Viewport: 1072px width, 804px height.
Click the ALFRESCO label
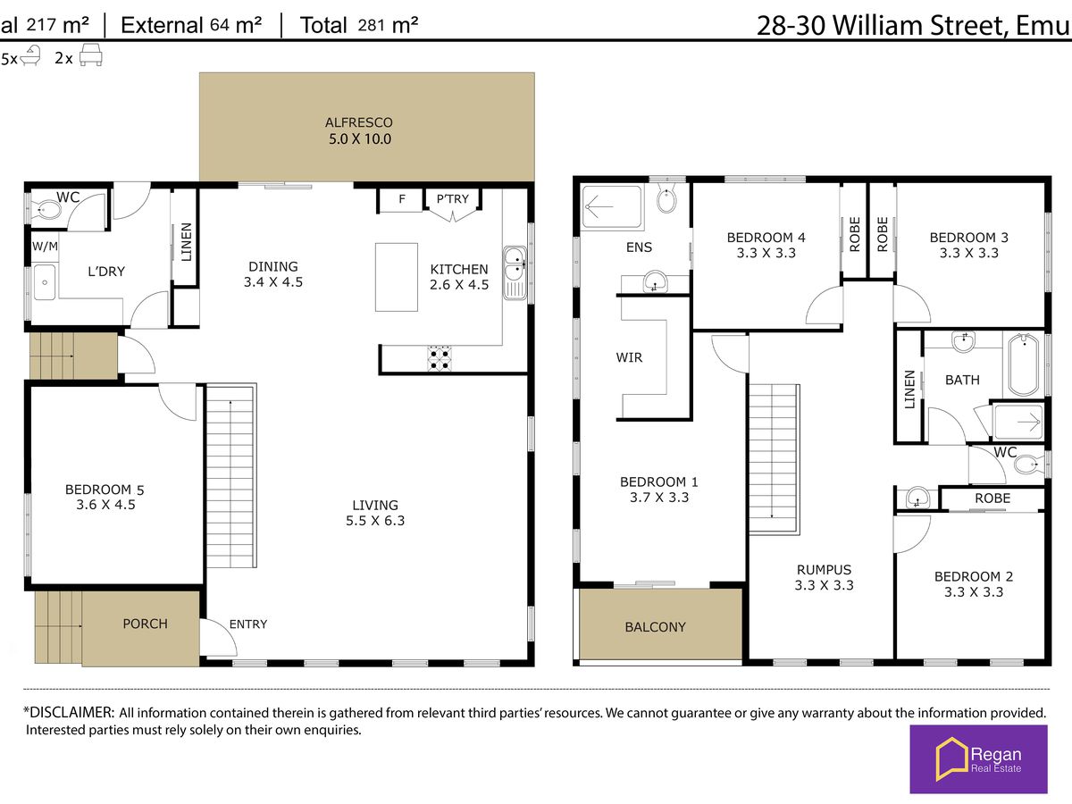(x=359, y=122)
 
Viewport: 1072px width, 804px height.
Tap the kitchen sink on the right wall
(x=515, y=272)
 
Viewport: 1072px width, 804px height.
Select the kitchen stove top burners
(x=439, y=359)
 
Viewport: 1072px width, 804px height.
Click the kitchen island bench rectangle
(x=396, y=277)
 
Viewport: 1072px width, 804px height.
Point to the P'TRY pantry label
(x=452, y=199)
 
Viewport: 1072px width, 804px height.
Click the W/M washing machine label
(x=45, y=247)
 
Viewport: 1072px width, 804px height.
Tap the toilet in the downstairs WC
(x=46, y=211)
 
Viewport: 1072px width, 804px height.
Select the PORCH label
(x=145, y=624)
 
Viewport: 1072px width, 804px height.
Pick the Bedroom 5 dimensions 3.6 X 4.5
(x=105, y=505)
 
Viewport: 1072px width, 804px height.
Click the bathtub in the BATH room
(x=1024, y=364)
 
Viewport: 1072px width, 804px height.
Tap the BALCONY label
(x=656, y=627)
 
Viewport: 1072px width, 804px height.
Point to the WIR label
(x=629, y=358)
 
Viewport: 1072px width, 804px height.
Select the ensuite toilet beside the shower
(x=666, y=197)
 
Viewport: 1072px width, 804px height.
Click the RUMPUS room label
(x=824, y=570)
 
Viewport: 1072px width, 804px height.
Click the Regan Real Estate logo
(x=978, y=759)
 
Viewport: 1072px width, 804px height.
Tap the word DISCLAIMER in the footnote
(x=71, y=712)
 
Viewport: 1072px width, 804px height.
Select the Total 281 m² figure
(x=359, y=25)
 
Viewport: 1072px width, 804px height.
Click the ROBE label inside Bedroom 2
(x=992, y=498)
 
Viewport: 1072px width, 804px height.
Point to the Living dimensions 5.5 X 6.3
(x=375, y=521)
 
